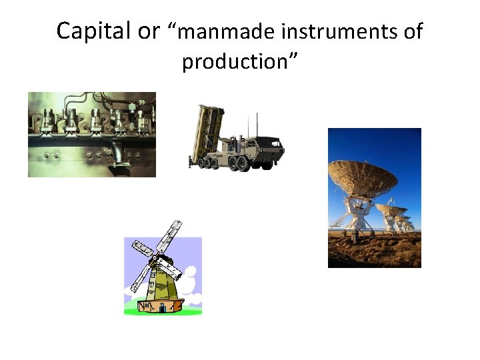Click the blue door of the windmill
162,308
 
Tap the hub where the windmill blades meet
155,258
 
